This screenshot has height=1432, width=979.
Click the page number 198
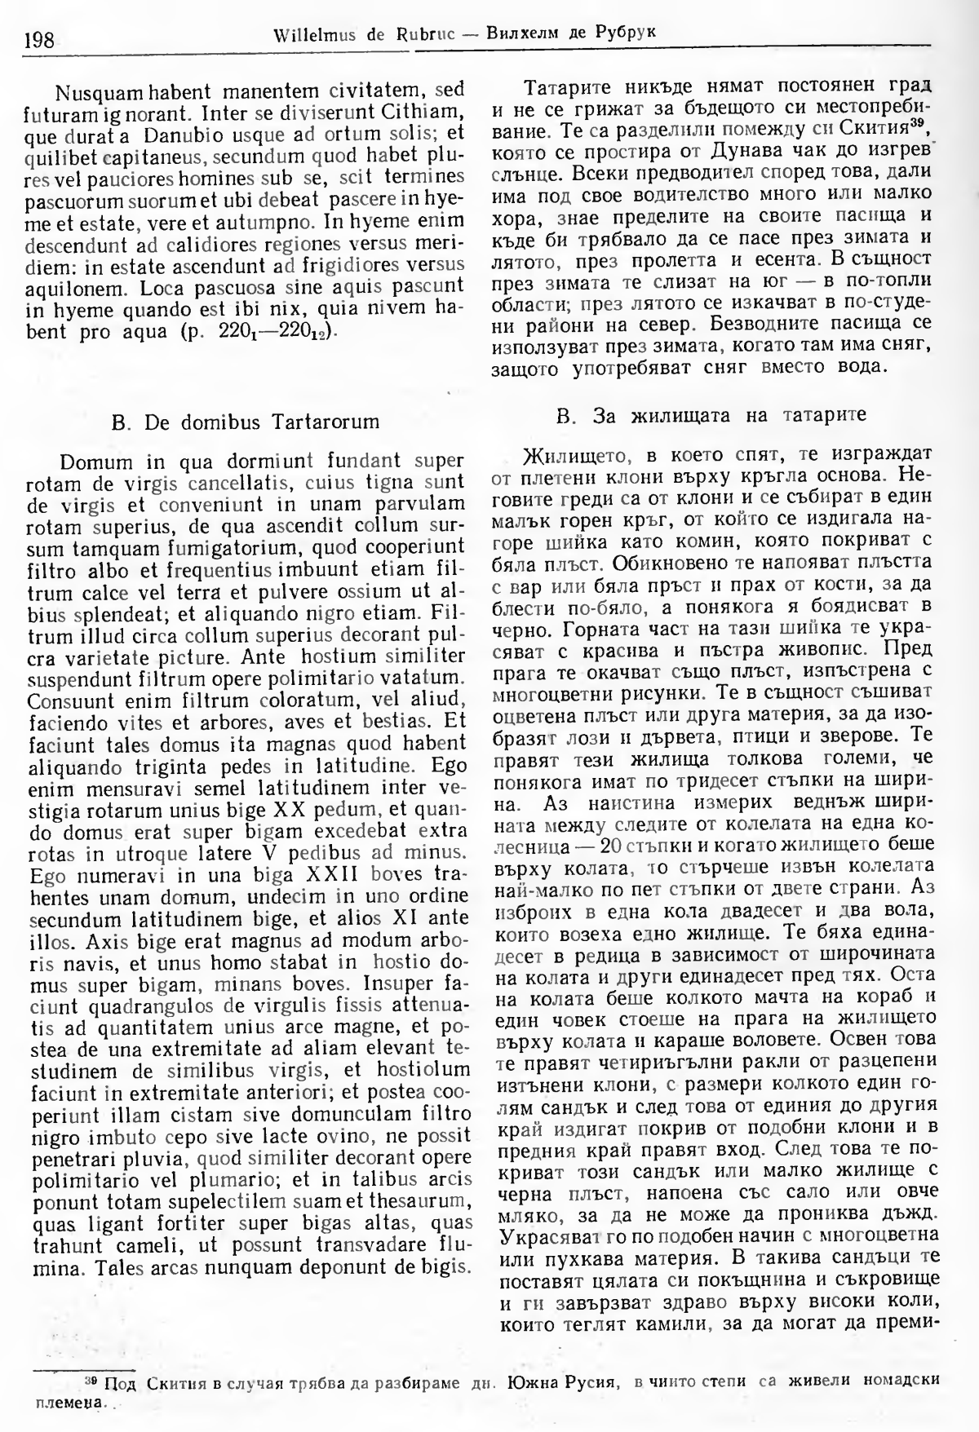coord(38,38)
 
